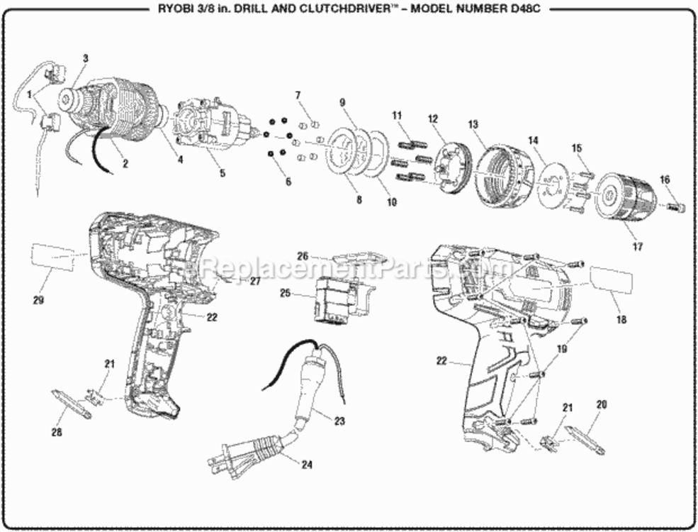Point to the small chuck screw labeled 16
[x=677, y=206]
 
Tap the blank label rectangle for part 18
[x=609, y=279]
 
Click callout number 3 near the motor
[x=86, y=57]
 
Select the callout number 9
[x=342, y=102]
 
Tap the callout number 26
[x=303, y=256]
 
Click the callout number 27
[x=254, y=281]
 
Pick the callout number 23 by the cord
[x=339, y=421]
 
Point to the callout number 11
[x=397, y=115]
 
